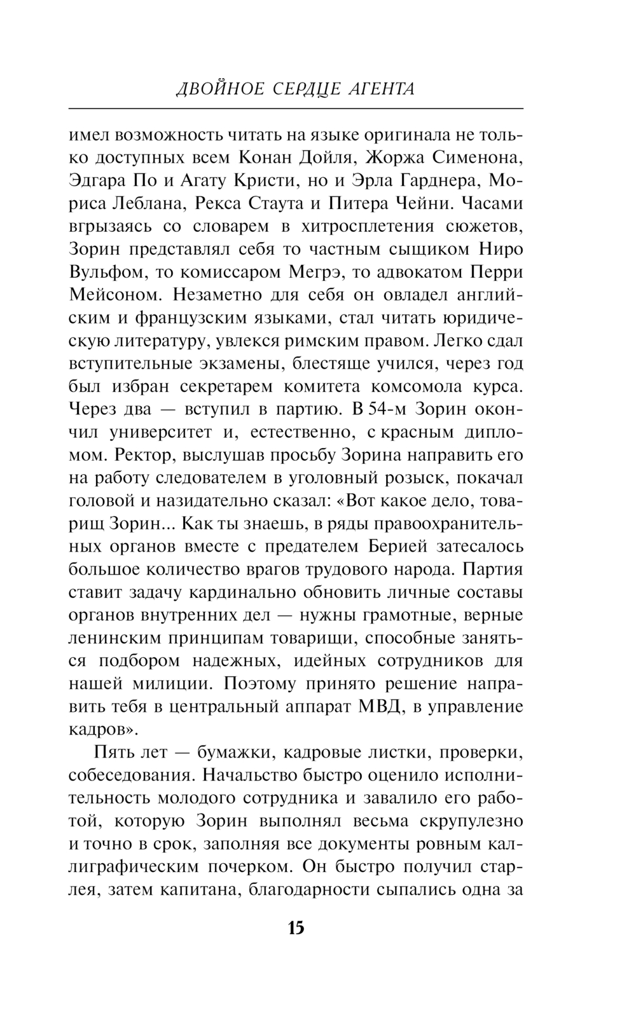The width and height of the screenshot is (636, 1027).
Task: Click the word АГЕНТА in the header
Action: tap(382, 88)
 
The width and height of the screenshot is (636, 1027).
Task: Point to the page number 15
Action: tap(296, 928)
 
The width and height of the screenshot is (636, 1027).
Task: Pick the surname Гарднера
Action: tap(439, 180)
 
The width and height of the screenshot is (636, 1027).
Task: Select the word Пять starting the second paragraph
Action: tap(113, 752)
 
